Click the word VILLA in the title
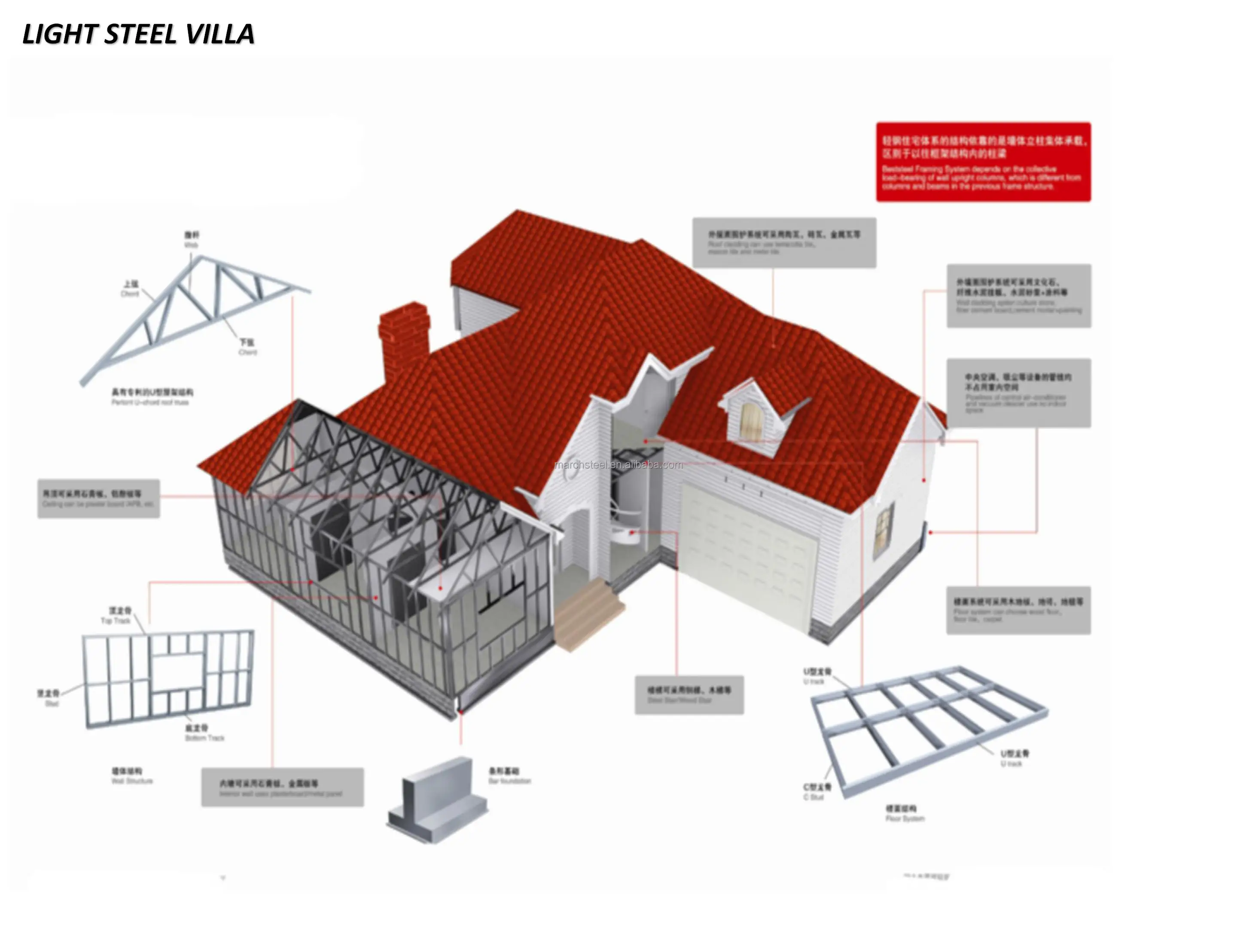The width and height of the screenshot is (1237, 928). coord(220,35)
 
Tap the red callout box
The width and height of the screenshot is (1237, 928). coord(983,162)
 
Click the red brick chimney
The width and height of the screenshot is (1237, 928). coord(404,336)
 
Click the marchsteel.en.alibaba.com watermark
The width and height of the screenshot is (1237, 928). coord(618,464)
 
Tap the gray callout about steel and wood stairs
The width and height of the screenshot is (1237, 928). coord(689,695)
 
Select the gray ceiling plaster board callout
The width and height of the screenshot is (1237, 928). coord(98,498)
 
